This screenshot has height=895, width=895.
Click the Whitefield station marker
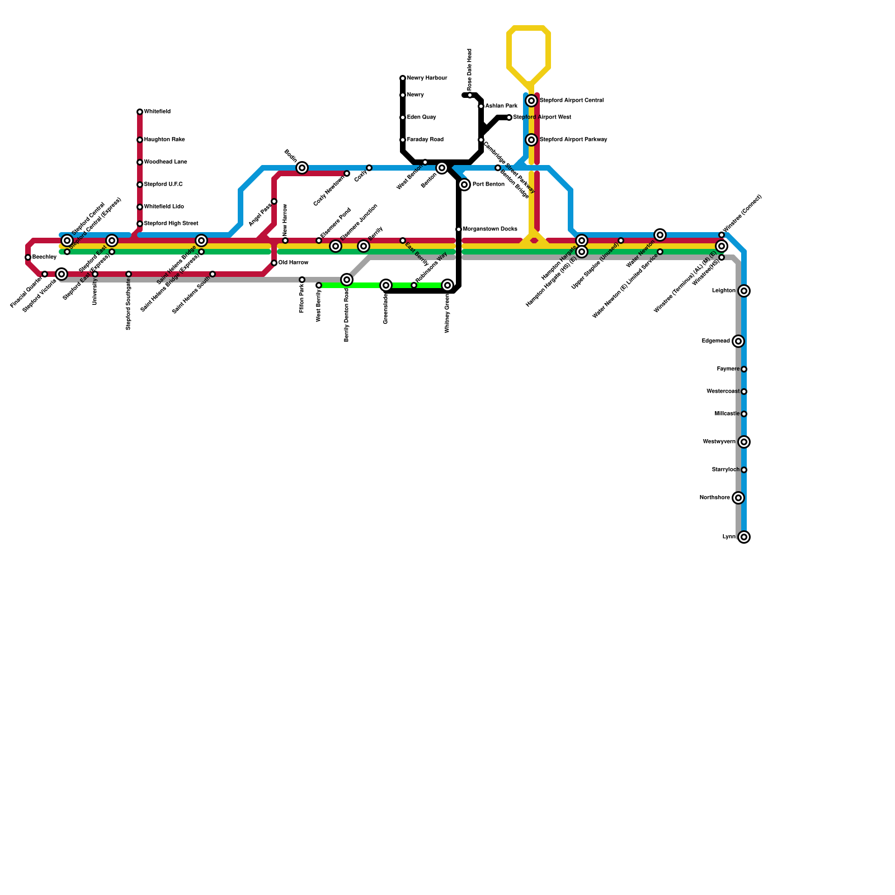click(x=140, y=112)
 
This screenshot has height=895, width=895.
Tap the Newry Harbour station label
click(x=427, y=78)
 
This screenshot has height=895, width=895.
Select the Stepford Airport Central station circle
click(x=531, y=101)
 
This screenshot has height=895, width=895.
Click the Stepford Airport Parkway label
click(x=573, y=140)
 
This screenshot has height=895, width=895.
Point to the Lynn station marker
click(x=744, y=537)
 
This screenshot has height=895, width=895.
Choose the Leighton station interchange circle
click(x=744, y=291)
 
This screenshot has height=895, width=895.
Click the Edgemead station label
click(x=715, y=341)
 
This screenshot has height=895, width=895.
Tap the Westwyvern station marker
click(x=744, y=442)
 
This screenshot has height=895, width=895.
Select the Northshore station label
click(x=714, y=498)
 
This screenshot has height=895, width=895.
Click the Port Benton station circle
click(x=464, y=185)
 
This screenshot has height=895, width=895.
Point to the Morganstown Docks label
click(x=490, y=229)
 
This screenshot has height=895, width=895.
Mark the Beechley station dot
click(x=28, y=257)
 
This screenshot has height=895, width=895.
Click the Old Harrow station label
click(x=293, y=263)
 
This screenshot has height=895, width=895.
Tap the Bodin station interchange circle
click(x=302, y=168)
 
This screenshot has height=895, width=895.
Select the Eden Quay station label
click(x=421, y=117)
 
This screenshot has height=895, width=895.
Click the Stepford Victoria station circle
click(x=62, y=274)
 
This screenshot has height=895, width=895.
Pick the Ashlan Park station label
click(x=501, y=106)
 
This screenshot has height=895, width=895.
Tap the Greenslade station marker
click(x=386, y=285)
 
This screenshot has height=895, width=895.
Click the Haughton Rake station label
click(x=164, y=140)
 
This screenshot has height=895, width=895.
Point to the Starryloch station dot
click(x=744, y=470)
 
